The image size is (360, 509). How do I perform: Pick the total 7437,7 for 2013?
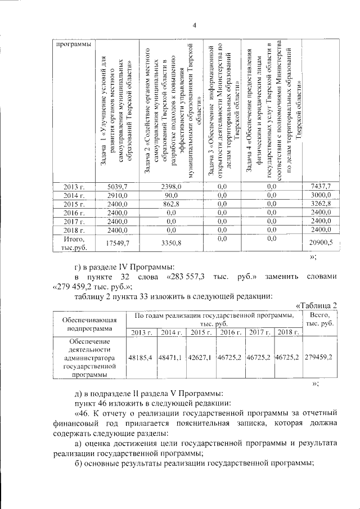click(321, 186)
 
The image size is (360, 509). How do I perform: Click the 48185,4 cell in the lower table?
click(141, 357)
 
